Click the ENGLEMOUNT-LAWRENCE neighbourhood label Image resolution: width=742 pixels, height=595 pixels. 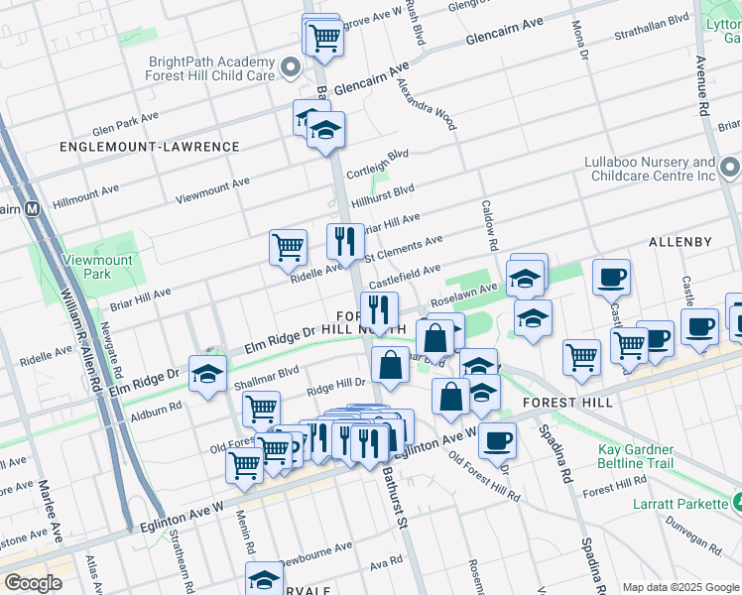click(x=149, y=147)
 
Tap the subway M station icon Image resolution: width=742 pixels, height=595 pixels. click(x=32, y=209)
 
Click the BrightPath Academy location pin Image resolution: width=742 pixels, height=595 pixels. click(x=291, y=67)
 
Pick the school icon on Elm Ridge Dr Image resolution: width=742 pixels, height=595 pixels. click(x=207, y=374)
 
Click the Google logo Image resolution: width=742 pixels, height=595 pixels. click(x=34, y=583)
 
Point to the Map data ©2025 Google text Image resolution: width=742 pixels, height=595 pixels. click(x=680, y=587)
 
